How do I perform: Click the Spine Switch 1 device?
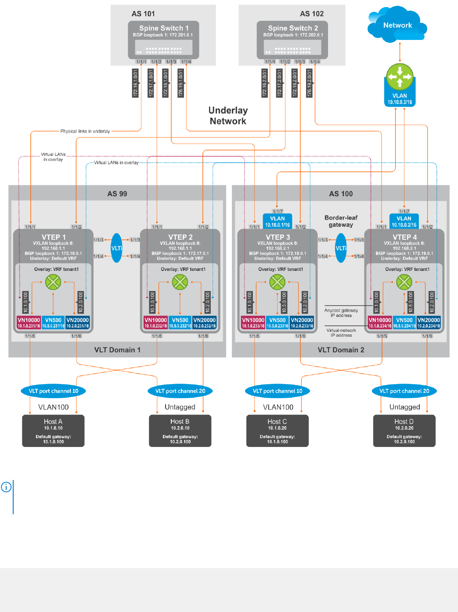point(163,40)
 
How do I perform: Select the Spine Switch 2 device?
point(292,40)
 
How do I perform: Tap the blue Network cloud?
point(397,25)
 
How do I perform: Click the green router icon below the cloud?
point(400,76)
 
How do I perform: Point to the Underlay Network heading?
point(228,116)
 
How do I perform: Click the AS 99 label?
point(117,194)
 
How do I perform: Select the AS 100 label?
point(341,194)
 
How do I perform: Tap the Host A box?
point(53,431)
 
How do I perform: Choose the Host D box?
point(404,431)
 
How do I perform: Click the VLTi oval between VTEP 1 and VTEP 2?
point(117,248)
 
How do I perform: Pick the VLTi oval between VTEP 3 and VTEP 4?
point(341,248)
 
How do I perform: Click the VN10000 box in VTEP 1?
point(29,323)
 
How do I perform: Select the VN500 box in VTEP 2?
point(180,323)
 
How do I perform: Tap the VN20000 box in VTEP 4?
point(429,323)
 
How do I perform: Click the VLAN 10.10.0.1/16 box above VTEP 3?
point(278,221)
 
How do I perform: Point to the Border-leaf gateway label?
point(341,221)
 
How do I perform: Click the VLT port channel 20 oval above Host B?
point(180,391)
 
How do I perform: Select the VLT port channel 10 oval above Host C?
point(278,391)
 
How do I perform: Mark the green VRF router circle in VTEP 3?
point(277,282)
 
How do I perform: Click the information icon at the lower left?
point(6,487)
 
